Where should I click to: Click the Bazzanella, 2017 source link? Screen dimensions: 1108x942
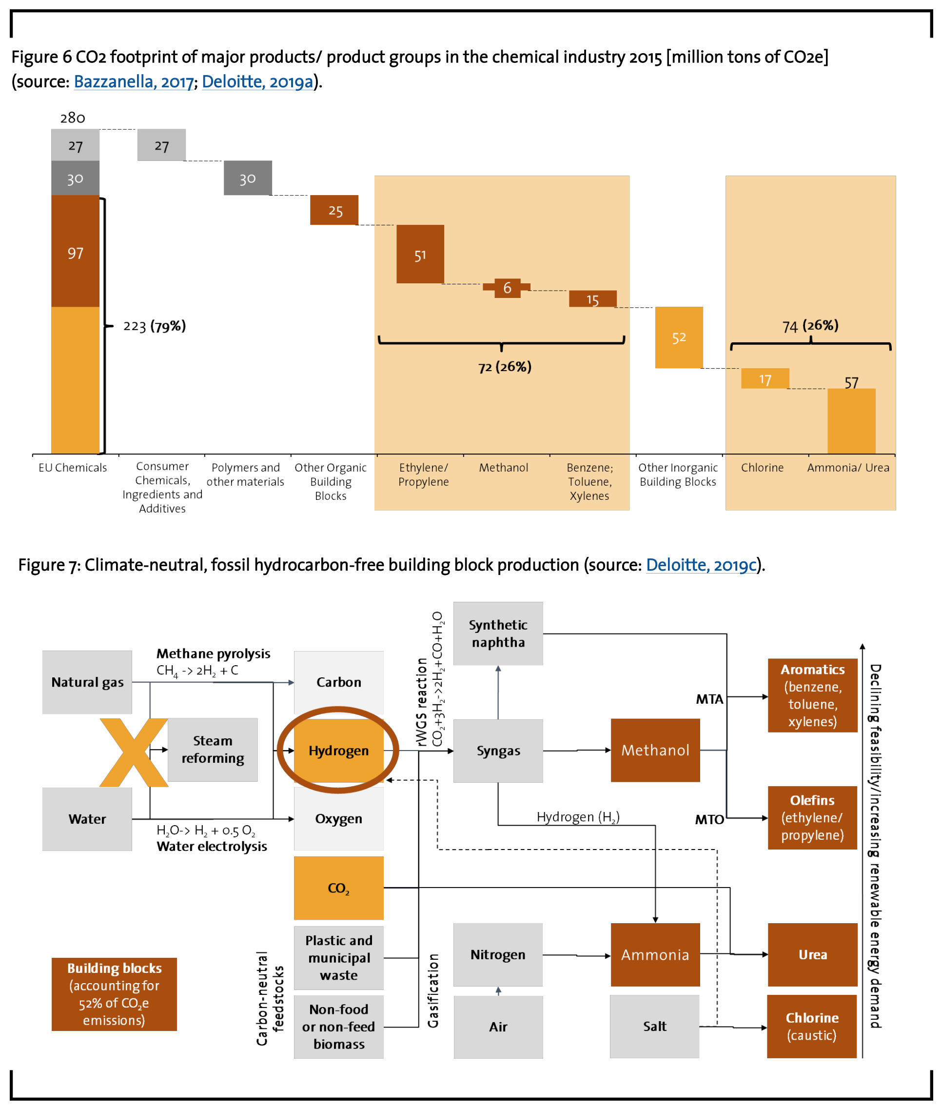coord(134,82)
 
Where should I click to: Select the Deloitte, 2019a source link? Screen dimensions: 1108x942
coord(257,82)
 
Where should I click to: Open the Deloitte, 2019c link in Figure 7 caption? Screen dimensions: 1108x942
coord(701,565)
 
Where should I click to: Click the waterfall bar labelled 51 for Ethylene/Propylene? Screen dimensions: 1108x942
coord(420,254)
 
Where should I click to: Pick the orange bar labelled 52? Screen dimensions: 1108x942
coord(679,337)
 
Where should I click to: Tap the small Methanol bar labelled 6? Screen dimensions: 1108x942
coord(507,288)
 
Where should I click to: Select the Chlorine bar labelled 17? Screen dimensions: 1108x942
coord(765,378)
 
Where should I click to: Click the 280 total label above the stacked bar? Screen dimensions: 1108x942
coord(73,118)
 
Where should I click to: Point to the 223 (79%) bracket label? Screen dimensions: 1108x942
coord(155,326)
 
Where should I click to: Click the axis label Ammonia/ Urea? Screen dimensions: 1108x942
coord(848,468)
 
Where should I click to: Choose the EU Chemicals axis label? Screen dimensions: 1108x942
coord(73,468)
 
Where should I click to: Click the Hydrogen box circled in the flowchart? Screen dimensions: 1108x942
coord(338,750)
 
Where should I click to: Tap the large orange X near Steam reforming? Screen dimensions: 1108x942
coord(134,752)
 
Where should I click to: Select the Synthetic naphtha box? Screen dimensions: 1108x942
coord(498,633)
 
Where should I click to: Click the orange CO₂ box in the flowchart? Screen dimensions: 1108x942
coord(338,888)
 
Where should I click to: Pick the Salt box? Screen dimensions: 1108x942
coord(654,1026)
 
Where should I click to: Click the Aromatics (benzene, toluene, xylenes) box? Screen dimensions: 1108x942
coord(812,695)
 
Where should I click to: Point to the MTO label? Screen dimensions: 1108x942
coord(709,820)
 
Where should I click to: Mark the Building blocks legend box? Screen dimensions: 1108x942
coord(114,994)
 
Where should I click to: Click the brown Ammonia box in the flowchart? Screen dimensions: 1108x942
coord(655,955)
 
